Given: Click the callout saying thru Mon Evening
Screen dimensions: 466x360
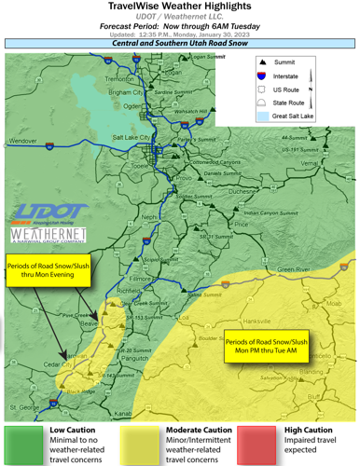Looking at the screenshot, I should pyautogui.click(x=46, y=269).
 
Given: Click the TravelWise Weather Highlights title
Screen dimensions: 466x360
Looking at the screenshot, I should pyautogui.click(x=179, y=7).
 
